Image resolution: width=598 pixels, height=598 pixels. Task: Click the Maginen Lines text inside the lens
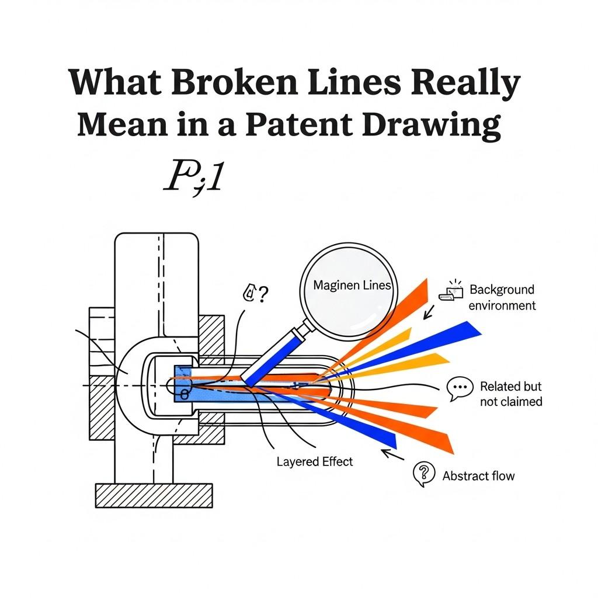(352, 286)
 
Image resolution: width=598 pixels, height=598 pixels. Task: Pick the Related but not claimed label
(510, 394)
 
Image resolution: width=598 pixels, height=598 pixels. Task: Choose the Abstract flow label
(478, 476)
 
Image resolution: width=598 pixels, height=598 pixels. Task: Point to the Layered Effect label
(315, 461)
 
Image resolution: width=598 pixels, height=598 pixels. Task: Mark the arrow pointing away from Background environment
(429, 313)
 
